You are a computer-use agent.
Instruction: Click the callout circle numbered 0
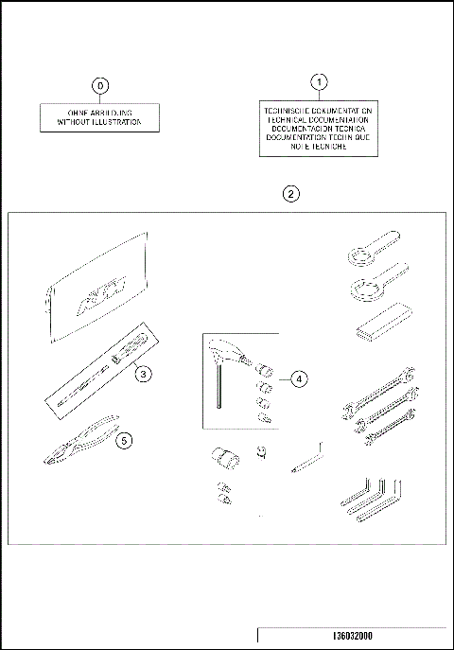pyautogui.click(x=99, y=85)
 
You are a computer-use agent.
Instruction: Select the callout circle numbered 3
pyautogui.click(x=142, y=374)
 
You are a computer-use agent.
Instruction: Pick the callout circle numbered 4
pyautogui.click(x=298, y=379)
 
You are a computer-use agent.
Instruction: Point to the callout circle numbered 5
pyautogui.click(x=124, y=439)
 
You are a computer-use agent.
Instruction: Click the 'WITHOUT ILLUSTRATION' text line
pyautogui.click(x=99, y=122)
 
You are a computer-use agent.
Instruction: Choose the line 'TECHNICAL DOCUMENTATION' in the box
pyautogui.click(x=319, y=119)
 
